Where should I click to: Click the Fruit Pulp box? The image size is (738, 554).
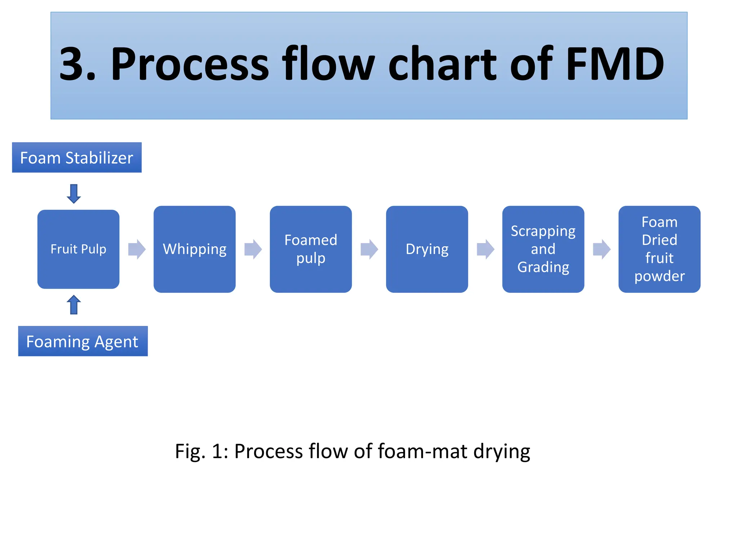pyautogui.click(x=78, y=249)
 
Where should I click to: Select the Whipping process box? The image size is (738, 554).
pyautogui.click(x=195, y=249)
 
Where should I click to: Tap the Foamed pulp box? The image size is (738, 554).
pyautogui.click(x=311, y=249)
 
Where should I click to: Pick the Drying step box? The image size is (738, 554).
pyautogui.click(x=427, y=249)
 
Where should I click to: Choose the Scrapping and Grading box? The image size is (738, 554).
pyautogui.click(x=543, y=249)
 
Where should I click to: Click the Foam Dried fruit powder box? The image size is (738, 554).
pyautogui.click(x=659, y=249)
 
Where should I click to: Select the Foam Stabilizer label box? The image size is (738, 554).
pyautogui.click(x=77, y=158)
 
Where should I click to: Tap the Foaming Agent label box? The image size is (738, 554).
pyautogui.click(x=83, y=341)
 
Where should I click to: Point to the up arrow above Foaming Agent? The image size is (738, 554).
pyautogui.click(x=74, y=305)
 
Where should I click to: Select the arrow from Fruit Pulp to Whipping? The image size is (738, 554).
pyautogui.click(x=137, y=249)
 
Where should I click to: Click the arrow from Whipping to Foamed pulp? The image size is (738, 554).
pyautogui.click(x=253, y=249)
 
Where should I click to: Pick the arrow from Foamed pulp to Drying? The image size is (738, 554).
pyautogui.click(x=369, y=249)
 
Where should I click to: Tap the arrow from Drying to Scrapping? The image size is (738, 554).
pyautogui.click(x=485, y=249)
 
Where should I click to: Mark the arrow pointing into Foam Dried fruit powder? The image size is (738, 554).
pyautogui.click(x=602, y=249)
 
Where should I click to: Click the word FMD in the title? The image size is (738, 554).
pyautogui.click(x=615, y=64)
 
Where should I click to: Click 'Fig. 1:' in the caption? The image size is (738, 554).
pyautogui.click(x=201, y=451)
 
